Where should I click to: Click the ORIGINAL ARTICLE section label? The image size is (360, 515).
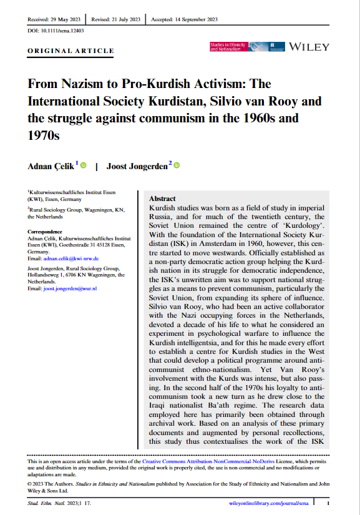(x=72, y=51)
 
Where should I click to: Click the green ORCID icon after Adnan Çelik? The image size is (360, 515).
(x=83, y=165)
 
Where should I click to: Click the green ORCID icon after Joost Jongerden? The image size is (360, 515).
(x=177, y=165)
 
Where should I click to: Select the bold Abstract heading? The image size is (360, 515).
(x=163, y=198)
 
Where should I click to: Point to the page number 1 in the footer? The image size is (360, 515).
(x=329, y=501)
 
